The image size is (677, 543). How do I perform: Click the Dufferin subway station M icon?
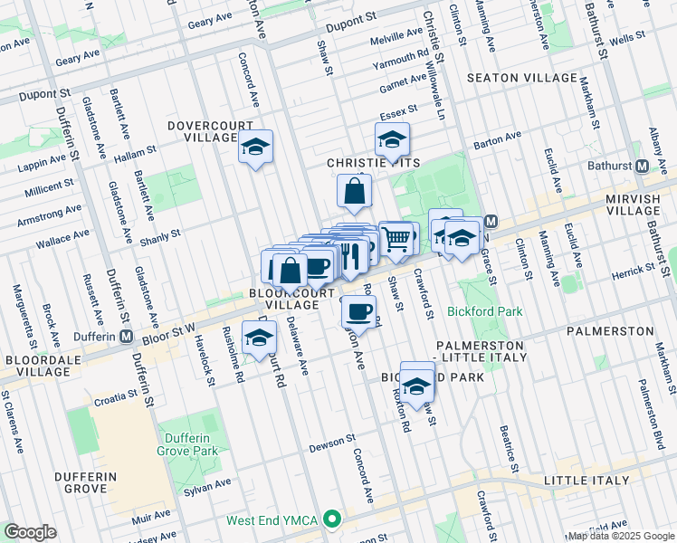coord(127,337)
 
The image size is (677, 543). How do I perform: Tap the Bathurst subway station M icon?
coord(642,167)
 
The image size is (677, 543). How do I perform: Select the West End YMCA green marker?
coord(333,520)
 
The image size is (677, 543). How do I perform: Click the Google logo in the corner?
coord(31,532)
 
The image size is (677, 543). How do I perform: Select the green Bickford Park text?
coord(485,311)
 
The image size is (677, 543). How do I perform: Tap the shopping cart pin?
coord(396,239)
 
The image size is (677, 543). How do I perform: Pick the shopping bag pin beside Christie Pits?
coord(355,191)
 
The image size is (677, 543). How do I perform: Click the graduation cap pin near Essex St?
coord(393,139)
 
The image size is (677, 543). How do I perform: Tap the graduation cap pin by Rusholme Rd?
coord(260,338)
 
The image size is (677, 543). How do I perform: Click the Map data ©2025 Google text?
coord(620,536)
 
